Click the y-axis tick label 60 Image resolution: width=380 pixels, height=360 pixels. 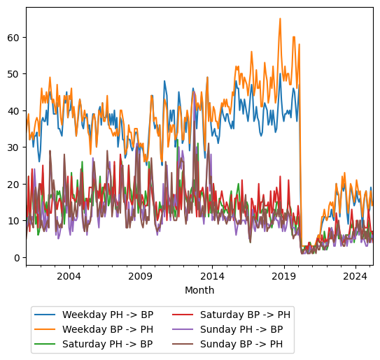14,37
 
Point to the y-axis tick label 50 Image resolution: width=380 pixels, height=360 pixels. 14,74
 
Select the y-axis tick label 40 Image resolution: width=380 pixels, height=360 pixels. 14,110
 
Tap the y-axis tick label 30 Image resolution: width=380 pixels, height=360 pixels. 14,147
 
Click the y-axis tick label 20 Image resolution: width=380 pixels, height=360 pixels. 14,184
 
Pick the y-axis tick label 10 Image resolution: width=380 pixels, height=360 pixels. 14,221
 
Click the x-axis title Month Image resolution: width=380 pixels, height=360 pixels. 199,290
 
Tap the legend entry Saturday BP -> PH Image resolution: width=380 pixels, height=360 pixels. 245,315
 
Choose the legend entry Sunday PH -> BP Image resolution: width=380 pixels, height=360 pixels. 241,329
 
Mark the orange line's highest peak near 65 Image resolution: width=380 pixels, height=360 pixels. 280,19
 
